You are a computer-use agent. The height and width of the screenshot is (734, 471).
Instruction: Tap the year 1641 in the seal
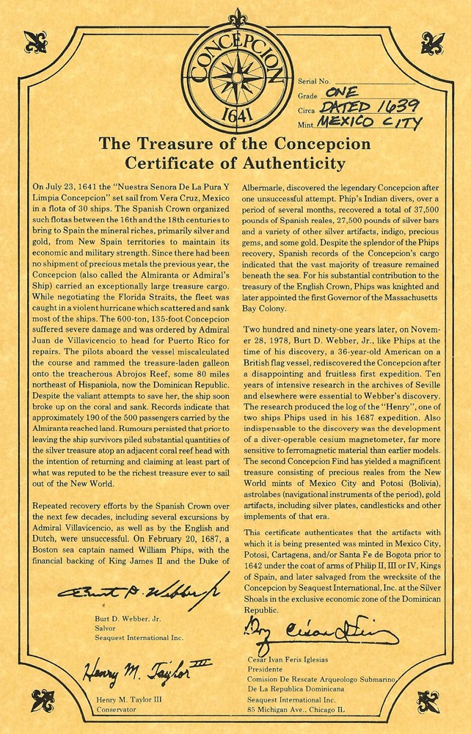(235, 116)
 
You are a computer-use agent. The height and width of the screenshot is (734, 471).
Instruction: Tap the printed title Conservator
(117, 711)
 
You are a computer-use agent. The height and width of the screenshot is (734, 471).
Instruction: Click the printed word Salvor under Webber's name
(108, 629)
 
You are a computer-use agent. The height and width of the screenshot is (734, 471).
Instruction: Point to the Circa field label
(307, 110)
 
